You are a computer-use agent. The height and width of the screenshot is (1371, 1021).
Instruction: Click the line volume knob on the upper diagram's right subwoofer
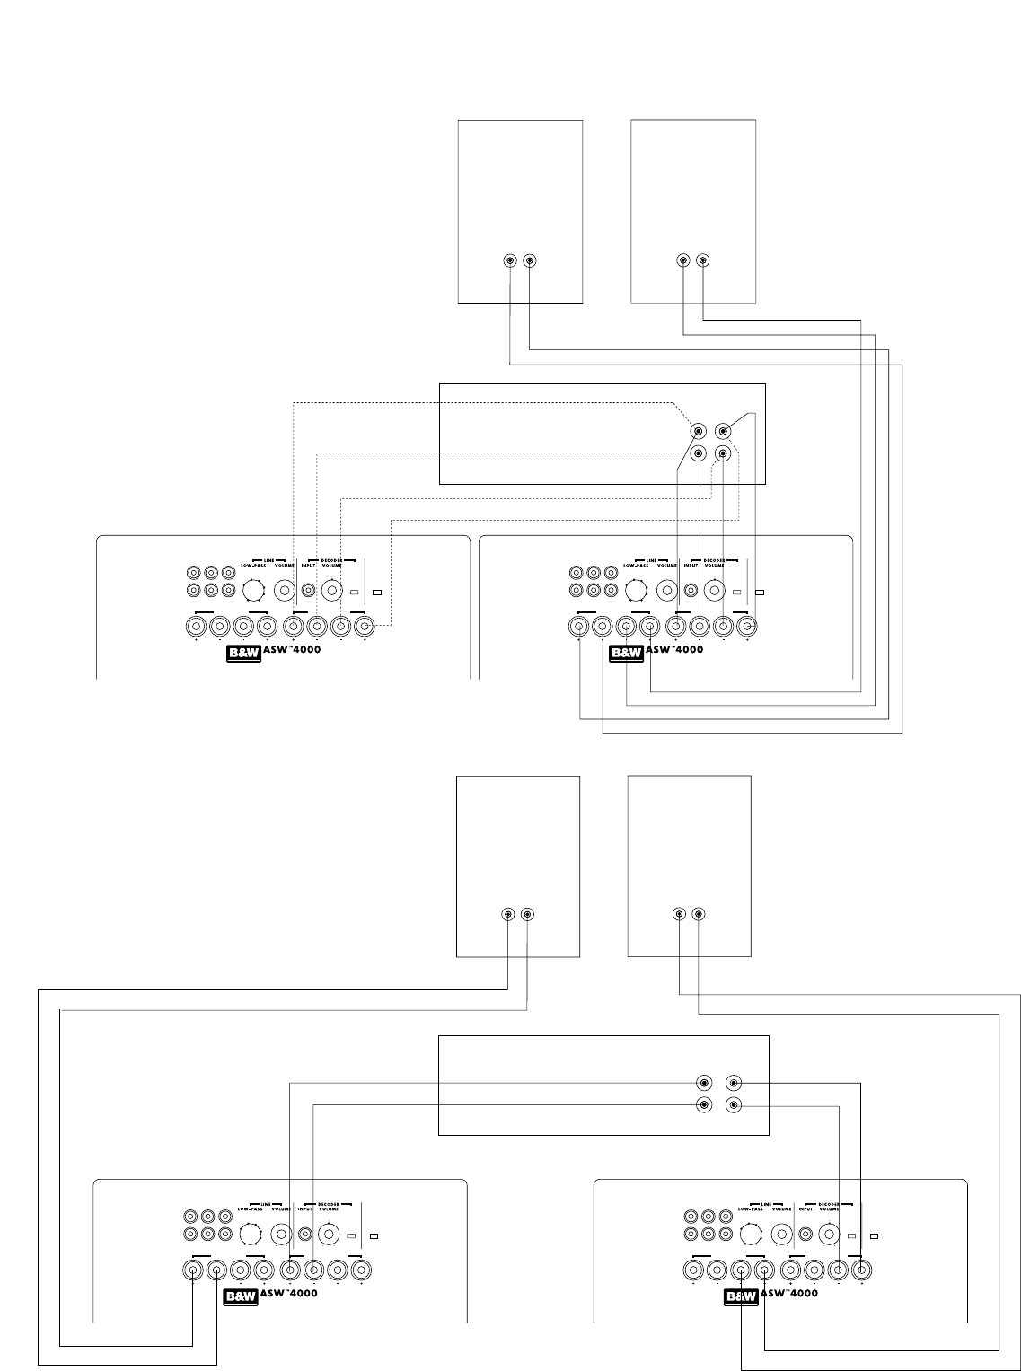click(x=667, y=590)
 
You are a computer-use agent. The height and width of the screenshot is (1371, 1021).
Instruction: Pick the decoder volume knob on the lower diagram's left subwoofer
click(x=329, y=1235)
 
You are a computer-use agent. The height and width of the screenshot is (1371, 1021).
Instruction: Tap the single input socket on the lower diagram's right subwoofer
click(x=806, y=1235)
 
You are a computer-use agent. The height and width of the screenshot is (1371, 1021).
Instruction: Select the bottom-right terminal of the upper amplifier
click(x=724, y=453)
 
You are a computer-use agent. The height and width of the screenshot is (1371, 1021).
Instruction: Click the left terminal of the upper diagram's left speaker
click(x=509, y=261)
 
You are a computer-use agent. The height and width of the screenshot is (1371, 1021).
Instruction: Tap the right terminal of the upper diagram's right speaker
click(x=702, y=261)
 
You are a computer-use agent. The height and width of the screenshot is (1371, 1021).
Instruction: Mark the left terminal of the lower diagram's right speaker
click(x=679, y=915)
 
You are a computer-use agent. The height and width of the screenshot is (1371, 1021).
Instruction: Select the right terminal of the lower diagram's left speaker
click(x=527, y=915)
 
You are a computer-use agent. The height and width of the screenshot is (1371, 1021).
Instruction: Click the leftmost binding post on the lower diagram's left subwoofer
click(x=193, y=1270)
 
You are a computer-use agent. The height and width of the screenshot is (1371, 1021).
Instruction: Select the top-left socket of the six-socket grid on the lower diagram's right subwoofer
click(x=692, y=1217)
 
